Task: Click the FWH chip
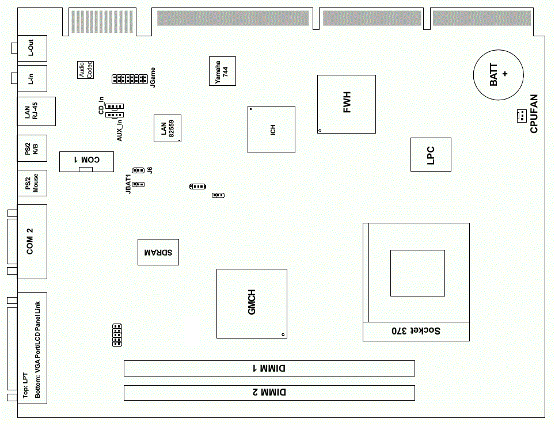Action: (x=346, y=104)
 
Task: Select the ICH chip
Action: (x=271, y=130)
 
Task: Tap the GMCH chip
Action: (x=251, y=303)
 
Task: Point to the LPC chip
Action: (x=430, y=154)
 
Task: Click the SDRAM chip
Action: (x=158, y=252)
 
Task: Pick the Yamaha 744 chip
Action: (x=222, y=71)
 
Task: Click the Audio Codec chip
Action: (x=86, y=70)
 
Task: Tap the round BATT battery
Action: (x=498, y=74)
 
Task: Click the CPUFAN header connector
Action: (x=520, y=116)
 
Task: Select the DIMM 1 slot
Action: (x=269, y=368)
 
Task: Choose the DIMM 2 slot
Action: (x=269, y=393)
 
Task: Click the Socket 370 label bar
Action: (x=416, y=331)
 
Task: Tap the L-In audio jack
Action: (x=32, y=78)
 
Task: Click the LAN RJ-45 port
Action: (x=36, y=112)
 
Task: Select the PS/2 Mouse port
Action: (x=32, y=184)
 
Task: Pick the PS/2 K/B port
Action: (x=32, y=151)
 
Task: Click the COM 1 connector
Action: (x=86, y=161)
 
